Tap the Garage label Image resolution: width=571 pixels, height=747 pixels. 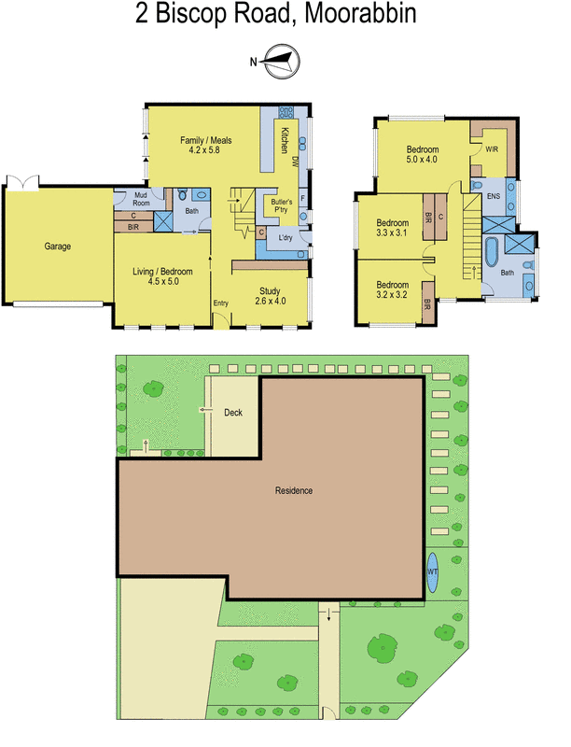click(x=58, y=247)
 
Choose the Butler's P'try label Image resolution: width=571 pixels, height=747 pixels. click(x=283, y=206)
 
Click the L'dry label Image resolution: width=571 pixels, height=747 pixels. click(x=285, y=238)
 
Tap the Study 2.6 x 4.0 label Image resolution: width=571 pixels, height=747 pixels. click(x=270, y=295)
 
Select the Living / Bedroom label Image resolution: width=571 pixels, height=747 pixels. click(x=163, y=276)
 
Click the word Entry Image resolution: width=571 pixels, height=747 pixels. click(x=220, y=303)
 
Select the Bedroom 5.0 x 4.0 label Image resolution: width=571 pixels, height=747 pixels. click(x=425, y=155)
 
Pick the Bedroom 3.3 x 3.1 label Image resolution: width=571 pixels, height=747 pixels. click(x=392, y=228)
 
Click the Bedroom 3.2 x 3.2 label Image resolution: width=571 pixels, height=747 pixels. click(x=392, y=289)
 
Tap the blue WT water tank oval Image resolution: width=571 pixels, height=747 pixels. click(x=433, y=569)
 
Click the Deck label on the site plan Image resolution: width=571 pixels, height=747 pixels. click(x=233, y=412)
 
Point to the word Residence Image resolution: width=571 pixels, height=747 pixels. click(x=293, y=491)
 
